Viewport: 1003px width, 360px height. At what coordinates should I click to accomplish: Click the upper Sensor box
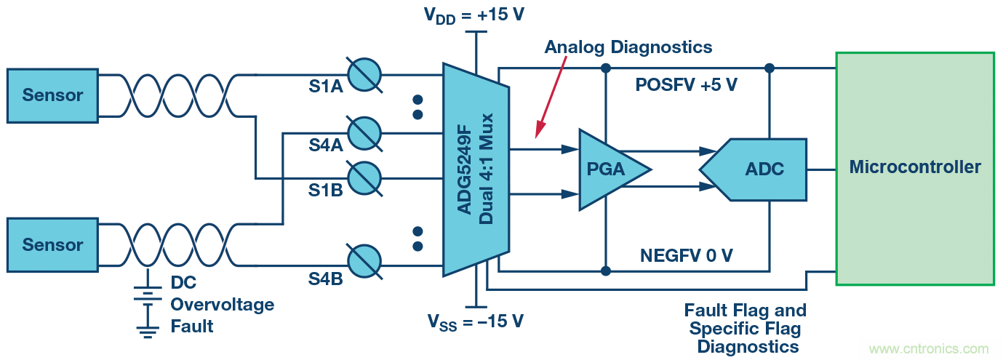(x=52, y=95)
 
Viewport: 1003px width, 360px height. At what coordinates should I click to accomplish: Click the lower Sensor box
(x=52, y=245)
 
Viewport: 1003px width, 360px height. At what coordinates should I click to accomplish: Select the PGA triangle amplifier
(x=607, y=169)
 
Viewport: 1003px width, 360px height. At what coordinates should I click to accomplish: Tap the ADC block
(x=761, y=169)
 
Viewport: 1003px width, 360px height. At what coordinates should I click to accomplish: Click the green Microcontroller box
(x=914, y=168)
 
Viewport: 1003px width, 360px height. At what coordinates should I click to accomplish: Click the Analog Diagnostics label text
(x=628, y=47)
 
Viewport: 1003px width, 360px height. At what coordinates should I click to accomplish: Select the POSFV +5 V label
(x=686, y=85)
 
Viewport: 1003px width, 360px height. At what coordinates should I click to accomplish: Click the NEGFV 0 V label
(x=686, y=255)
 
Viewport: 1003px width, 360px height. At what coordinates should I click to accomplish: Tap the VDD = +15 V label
(x=473, y=15)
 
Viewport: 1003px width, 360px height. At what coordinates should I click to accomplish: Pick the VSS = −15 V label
(x=475, y=321)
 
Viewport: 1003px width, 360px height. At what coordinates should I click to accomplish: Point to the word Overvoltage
(x=222, y=304)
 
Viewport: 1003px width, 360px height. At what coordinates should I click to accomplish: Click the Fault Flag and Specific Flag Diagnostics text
(x=746, y=329)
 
